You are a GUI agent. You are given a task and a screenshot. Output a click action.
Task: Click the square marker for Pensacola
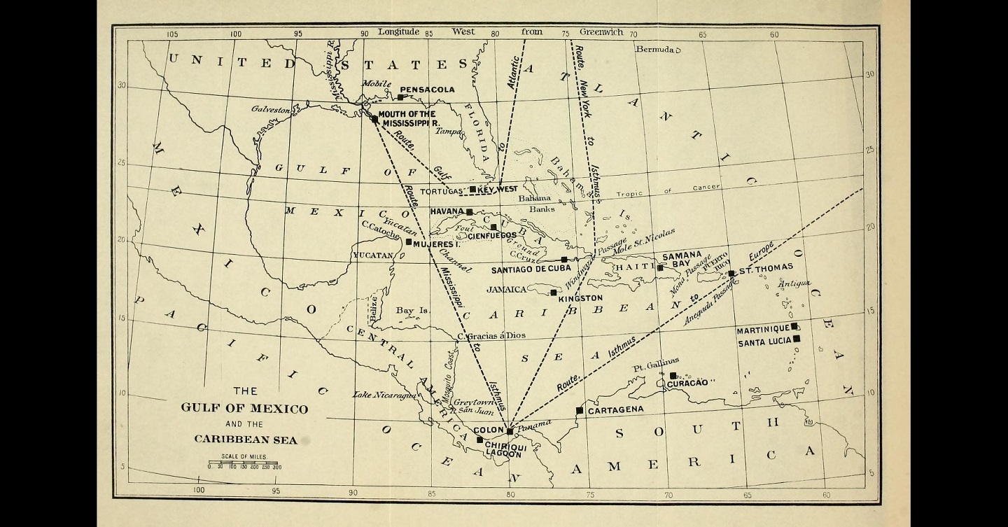coord(401,97)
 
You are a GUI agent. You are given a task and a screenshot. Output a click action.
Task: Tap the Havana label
coord(447,211)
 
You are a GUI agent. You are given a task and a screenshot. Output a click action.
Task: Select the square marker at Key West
coord(473,189)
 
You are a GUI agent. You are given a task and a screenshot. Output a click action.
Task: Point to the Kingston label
coord(580,298)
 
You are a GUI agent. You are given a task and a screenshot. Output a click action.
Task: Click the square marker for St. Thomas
coord(731,274)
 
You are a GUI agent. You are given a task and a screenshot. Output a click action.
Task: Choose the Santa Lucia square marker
coord(797,339)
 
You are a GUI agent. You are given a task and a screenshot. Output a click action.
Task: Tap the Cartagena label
coord(615,410)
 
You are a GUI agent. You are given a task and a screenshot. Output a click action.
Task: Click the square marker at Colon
coord(510,430)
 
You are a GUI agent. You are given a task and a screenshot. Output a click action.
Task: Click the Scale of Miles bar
coord(244,463)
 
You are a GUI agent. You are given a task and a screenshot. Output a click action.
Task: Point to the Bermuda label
coord(654,49)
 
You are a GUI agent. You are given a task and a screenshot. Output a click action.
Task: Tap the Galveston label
coord(270,110)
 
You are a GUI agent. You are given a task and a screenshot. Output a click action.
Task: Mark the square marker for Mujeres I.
coord(409,242)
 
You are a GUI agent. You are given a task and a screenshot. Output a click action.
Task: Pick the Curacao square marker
coord(673,376)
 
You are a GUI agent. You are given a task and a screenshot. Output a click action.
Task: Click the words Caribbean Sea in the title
coord(245,440)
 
